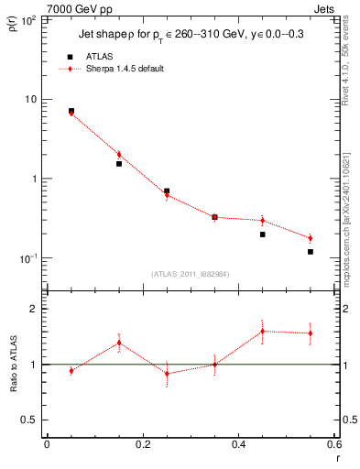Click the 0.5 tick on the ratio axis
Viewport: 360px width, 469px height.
pos(30,420)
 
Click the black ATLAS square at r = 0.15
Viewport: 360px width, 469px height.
pos(119,164)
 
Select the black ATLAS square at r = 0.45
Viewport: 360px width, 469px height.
pos(262,234)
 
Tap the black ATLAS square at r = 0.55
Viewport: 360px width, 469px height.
pos(311,252)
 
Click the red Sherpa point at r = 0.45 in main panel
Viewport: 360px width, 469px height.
pos(262,221)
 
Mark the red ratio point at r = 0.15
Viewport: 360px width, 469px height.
pos(119,343)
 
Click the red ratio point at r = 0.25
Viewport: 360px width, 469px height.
pos(167,373)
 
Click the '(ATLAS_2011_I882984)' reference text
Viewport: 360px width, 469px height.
pos(191,273)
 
